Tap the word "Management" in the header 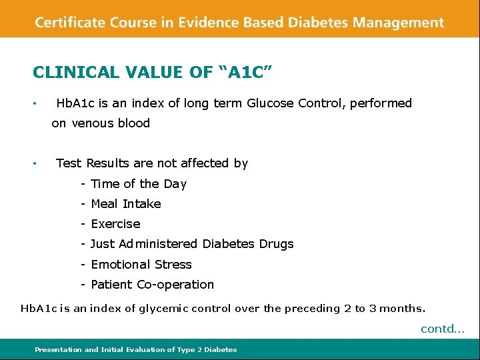(x=398, y=22)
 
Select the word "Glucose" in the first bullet (x=270, y=103)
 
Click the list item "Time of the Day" (x=138, y=184)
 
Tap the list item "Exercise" (x=115, y=224)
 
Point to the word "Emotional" (x=119, y=265)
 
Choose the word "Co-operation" (x=175, y=285)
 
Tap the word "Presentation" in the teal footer (x=59, y=349)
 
